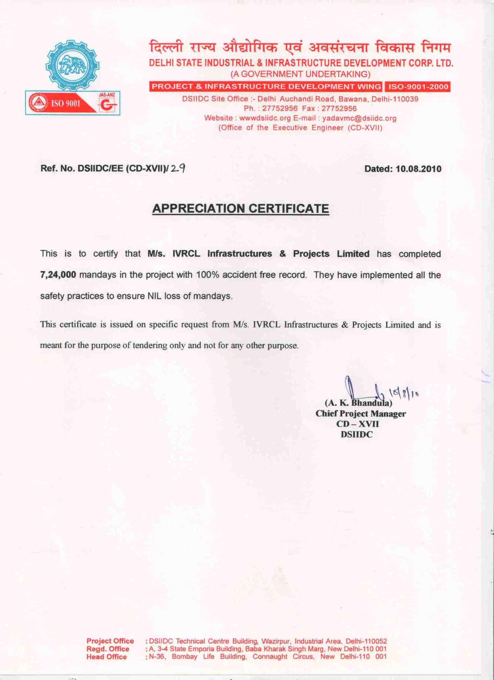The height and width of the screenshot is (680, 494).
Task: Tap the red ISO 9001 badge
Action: coord(60,104)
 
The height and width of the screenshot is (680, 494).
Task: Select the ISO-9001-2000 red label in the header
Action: coord(418,87)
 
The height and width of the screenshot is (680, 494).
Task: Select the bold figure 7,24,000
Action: coord(58,275)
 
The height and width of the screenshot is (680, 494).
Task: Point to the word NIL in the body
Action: coord(155,296)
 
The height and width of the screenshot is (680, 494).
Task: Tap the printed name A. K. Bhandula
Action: coord(358,403)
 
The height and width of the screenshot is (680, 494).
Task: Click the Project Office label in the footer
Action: coord(110,641)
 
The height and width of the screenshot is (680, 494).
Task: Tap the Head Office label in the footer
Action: coord(106,657)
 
